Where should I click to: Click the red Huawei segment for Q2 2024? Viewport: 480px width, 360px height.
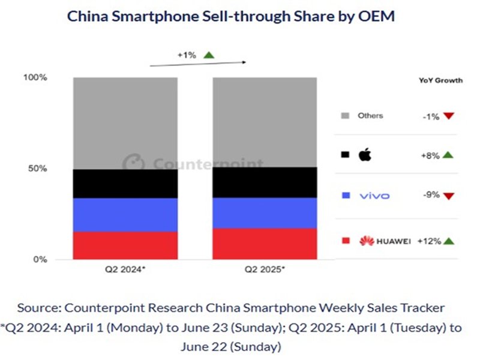(x=125, y=245)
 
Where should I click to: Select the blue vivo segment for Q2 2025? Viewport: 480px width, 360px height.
(x=265, y=212)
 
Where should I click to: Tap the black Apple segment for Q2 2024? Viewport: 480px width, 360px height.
(x=125, y=184)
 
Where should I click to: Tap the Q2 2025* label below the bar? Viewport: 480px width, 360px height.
(x=265, y=270)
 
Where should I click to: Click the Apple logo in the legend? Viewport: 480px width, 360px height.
(x=365, y=155)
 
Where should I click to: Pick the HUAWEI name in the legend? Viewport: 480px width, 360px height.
(x=394, y=241)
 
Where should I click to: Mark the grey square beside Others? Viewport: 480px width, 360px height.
(x=345, y=115)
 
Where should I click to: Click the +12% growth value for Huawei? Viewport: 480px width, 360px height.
(x=431, y=241)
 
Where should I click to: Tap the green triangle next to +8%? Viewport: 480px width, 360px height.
(x=448, y=155)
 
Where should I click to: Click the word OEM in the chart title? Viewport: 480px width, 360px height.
(x=378, y=16)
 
